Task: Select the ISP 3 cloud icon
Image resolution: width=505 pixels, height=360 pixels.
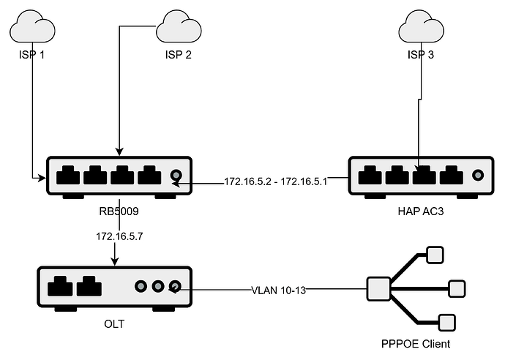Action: (x=421, y=29)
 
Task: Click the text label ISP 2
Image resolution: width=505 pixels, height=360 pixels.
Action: (x=178, y=56)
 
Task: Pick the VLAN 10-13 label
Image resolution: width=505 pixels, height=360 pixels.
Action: (x=278, y=290)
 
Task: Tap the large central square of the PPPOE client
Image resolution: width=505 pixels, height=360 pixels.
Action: (x=378, y=288)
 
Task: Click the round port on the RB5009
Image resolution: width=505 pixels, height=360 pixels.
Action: (x=176, y=176)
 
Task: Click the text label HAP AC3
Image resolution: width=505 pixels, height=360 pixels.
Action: (x=420, y=211)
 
